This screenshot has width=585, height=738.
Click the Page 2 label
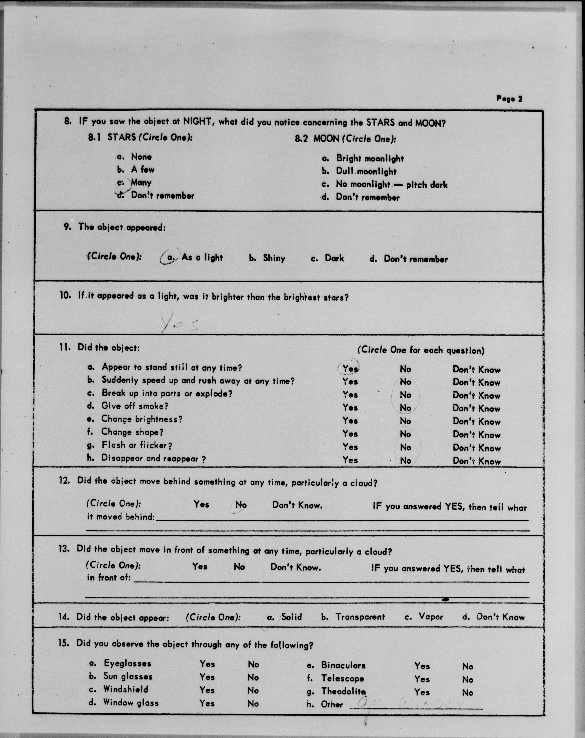tap(509, 99)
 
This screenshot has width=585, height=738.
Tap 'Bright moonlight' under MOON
tap(370, 158)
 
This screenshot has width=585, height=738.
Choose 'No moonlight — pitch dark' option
tap(391, 184)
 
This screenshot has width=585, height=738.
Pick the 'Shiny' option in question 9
tap(274, 258)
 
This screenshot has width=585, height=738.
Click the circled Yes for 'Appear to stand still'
tap(350, 368)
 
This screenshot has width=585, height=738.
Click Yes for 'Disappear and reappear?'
tap(350, 460)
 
